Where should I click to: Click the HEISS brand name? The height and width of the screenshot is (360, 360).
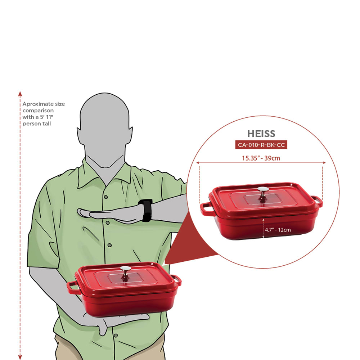coord(261,134)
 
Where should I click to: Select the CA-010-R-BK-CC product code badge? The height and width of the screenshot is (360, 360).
coord(261,145)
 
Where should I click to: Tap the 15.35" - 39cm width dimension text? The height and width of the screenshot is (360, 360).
coord(261,158)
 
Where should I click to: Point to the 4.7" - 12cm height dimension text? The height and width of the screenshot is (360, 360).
coord(278,230)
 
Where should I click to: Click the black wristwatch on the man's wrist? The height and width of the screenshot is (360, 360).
coord(145,210)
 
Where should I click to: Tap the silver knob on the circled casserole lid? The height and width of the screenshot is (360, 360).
coord(263,192)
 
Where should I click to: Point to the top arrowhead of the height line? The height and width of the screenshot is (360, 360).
coord(20,94)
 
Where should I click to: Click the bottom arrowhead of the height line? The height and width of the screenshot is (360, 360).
coord(20,357)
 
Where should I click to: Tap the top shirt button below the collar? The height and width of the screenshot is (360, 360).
coord(106,197)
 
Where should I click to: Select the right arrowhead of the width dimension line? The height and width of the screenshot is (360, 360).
coord(324,163)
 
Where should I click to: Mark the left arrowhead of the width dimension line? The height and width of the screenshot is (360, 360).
coord(198,163)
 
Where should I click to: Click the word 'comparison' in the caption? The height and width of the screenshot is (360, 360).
coord(38,111)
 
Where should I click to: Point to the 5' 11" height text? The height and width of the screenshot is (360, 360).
coord(46,117)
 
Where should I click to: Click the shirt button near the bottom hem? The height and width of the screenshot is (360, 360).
coord(116,336)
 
